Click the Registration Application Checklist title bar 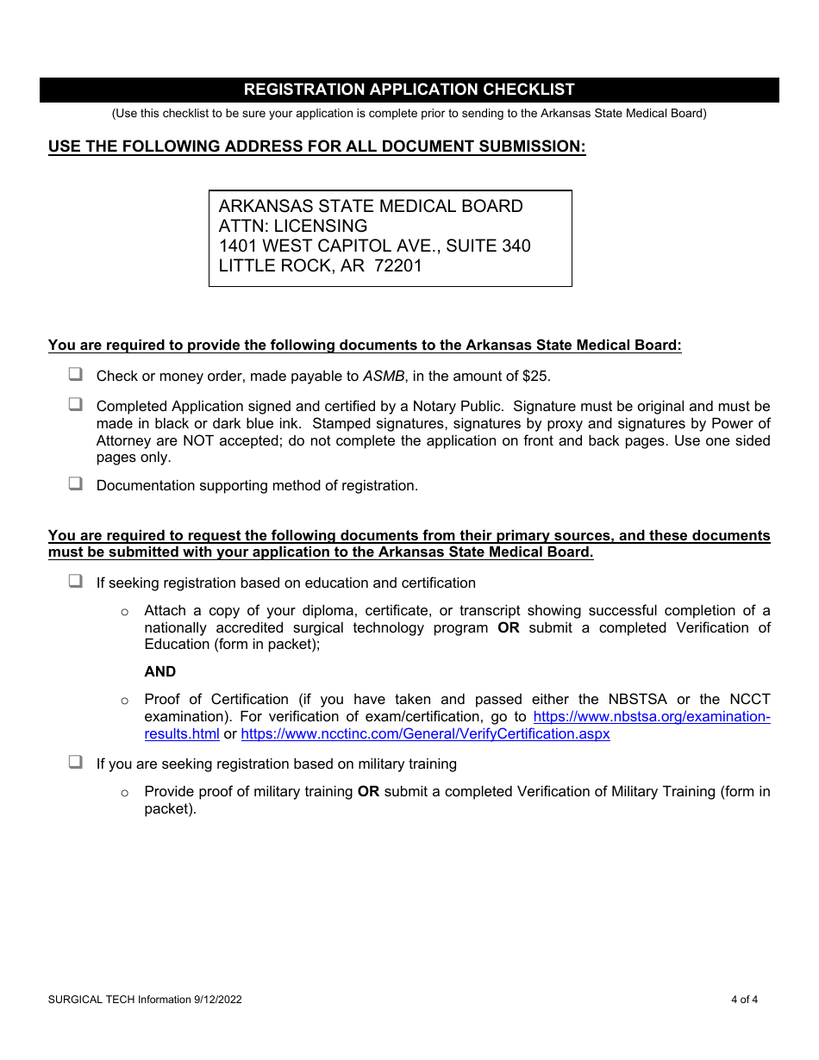409,90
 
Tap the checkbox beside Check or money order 76,375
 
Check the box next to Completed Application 76,404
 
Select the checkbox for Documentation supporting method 76,484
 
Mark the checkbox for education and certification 76,582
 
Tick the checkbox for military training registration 76,763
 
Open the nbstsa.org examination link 651,716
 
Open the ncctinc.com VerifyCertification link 425,734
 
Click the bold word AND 159,671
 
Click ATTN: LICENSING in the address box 292,226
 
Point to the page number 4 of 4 744,1000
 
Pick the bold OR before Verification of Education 509,627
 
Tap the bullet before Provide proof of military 125,792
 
